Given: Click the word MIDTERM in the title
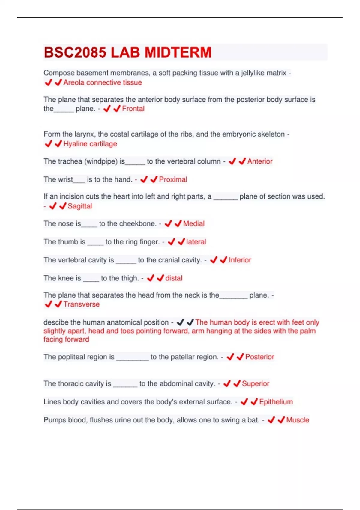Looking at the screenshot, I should [x=178, y=52].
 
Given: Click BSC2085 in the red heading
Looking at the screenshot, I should [x=75, y=52].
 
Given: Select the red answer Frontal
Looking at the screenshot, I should [x=133, y=109].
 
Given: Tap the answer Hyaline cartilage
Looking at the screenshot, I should [x=90, y=144].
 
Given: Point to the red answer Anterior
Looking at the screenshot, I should [x=260, y=161].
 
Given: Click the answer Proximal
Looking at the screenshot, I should [x=173, y=179].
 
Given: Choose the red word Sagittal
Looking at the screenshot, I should [x=80, y=206].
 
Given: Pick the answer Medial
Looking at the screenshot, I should [x=194, y=224].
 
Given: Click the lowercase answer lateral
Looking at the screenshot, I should [x=196, y=242].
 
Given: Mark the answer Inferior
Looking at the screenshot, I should [x=240, y=260].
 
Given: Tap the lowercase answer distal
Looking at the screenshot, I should [x=174, y=278].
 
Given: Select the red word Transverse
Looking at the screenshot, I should [x=82, y=304].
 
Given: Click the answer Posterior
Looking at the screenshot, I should [x=260, y=357].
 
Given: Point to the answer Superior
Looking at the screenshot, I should [x=256, y=384].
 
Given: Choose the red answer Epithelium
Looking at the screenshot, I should [x=276, y=402].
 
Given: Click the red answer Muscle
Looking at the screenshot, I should [x=298, y=420].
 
